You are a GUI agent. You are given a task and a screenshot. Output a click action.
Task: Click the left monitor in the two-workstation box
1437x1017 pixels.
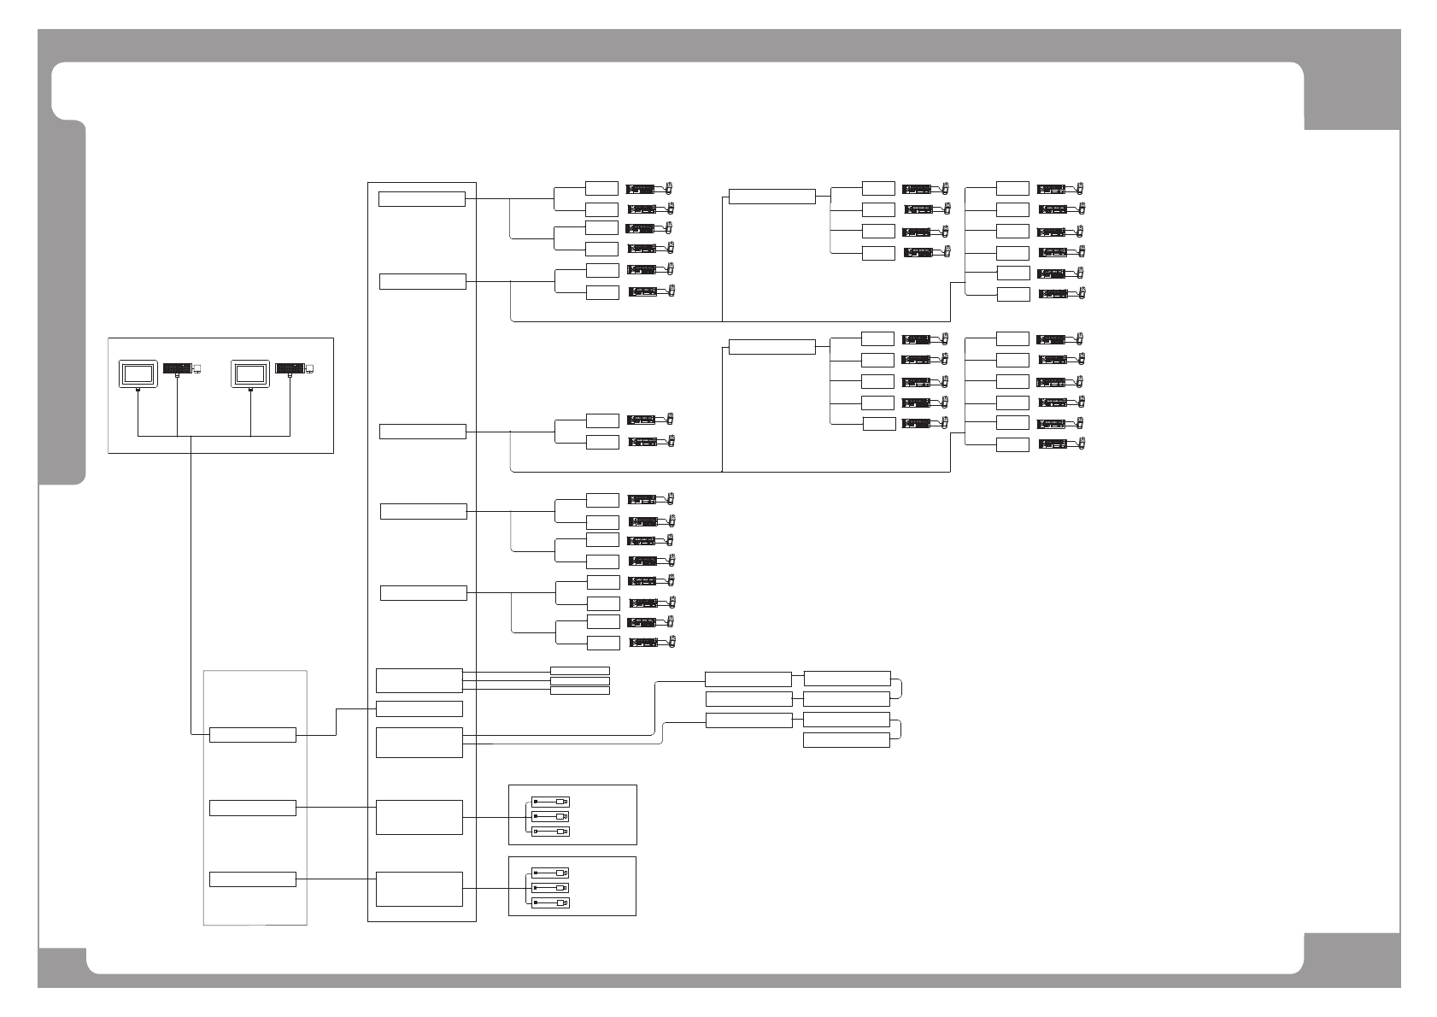[x=137, y=373]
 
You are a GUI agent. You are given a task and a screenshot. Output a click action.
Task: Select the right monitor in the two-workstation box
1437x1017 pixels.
[x=250, y=373]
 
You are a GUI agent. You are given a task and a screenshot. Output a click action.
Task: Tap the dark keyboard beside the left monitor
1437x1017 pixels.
[x=177, y=368]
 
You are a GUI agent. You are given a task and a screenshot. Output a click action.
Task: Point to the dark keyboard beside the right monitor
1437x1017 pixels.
[x=290, y=368]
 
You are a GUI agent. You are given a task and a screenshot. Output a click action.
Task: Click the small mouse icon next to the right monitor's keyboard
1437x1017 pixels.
[x=310, y=369]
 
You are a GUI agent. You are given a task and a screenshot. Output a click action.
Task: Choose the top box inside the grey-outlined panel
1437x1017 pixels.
[x=252, y=735]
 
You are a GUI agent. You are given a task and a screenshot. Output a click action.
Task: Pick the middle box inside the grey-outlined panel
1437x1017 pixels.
[x=252, y=808]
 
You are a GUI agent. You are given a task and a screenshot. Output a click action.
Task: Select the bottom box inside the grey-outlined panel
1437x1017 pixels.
[x=252, y=879]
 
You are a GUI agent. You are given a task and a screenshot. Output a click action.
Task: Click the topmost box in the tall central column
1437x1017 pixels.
[x=421, y=199]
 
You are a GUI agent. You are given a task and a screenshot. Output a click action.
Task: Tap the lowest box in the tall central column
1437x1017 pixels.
[x=419, y=889]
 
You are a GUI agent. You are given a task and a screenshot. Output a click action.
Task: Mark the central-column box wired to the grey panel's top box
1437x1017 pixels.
[x=419, y=708]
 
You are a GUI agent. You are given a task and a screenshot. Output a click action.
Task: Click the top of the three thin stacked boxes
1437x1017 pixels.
[x=579, y=671]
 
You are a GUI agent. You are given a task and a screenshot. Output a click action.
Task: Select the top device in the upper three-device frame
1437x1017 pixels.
[x=550, y=802]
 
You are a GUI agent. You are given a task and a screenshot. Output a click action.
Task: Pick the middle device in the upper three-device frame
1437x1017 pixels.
[x=550, y=816]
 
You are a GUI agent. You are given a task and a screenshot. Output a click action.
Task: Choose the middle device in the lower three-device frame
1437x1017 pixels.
[x=550, y=888]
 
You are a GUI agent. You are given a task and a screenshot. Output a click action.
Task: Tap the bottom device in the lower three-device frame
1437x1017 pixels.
[x=550, y=902]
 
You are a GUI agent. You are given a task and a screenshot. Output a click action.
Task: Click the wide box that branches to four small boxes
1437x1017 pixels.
[x=771, y=197]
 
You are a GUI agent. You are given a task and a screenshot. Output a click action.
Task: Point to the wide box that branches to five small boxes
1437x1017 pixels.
[x=771, y=347]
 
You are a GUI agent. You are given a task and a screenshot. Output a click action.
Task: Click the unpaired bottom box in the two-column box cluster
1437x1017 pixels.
[x=846, y=740]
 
